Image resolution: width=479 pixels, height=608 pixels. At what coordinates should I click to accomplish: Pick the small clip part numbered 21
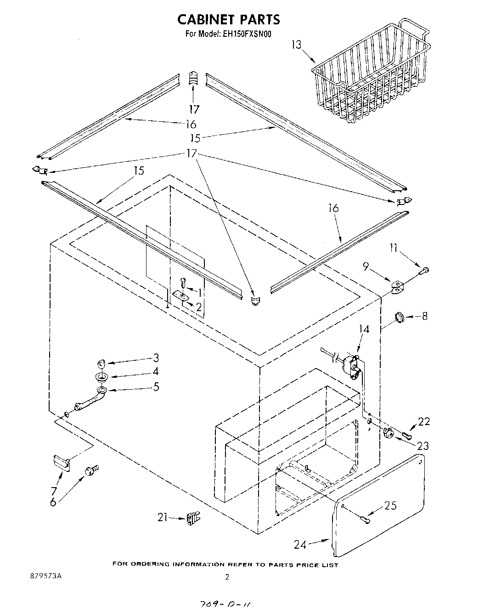(192, 519)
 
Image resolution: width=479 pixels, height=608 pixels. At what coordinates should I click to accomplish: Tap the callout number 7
(54, 490)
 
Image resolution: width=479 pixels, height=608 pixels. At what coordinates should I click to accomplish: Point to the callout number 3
(156, 358)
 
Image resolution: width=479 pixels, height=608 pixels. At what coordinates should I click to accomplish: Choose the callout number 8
(424, 316)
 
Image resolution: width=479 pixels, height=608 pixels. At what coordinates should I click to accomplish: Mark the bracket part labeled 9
(398, 287)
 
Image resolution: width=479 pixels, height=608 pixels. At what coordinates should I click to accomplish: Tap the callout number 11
(393, 249)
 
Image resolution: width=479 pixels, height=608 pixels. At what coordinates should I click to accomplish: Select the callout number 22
(424, 421)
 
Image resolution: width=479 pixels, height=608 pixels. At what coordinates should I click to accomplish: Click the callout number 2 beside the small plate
(198, 307)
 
